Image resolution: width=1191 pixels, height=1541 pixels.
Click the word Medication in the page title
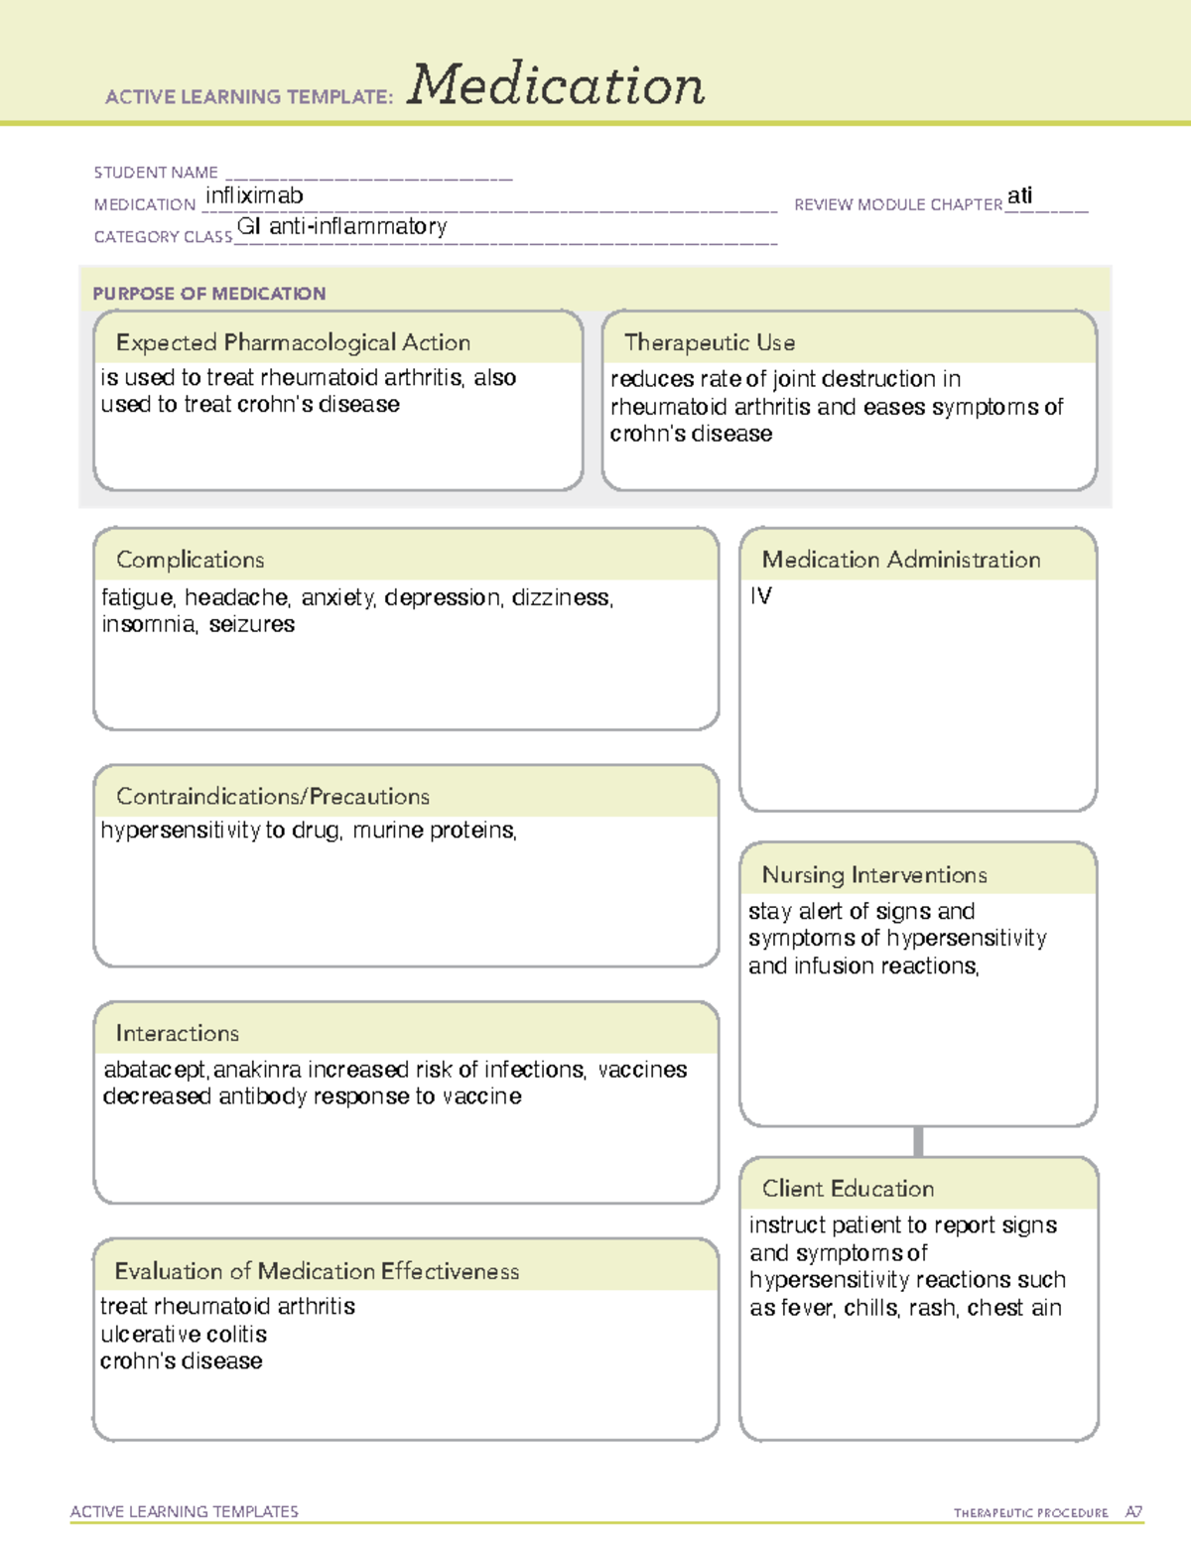[556, 85]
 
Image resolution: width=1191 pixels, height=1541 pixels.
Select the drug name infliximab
[254, 195]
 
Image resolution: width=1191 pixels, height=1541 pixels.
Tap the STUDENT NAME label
[156, 173]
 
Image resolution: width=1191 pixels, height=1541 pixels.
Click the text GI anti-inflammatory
[341, 226]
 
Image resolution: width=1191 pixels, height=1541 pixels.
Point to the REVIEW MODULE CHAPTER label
[897, 204]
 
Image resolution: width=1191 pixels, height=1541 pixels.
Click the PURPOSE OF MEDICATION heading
[208, 294]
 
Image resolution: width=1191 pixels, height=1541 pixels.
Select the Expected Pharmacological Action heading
[293, 342]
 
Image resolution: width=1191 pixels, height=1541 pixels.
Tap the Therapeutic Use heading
[709, 342]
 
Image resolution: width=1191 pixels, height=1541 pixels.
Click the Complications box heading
[190, 560]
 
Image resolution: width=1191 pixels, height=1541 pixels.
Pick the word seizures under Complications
[251, 625]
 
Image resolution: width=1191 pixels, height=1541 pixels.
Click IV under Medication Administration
[760, 596]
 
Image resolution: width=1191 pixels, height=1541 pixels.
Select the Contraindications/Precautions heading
[272, 797]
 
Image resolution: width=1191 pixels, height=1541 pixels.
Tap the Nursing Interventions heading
[873, 875]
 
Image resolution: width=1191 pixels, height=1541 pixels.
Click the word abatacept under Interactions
[156, 1070]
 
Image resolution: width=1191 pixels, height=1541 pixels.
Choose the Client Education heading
[848, 1189]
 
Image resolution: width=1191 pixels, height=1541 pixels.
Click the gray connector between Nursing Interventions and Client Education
[918, 1141]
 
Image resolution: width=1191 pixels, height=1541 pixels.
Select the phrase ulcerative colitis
[184, 1335]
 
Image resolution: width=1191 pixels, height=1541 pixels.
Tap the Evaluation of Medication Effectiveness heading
[317, 1271]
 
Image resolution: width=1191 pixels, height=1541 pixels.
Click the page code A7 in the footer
[1133, 1512]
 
